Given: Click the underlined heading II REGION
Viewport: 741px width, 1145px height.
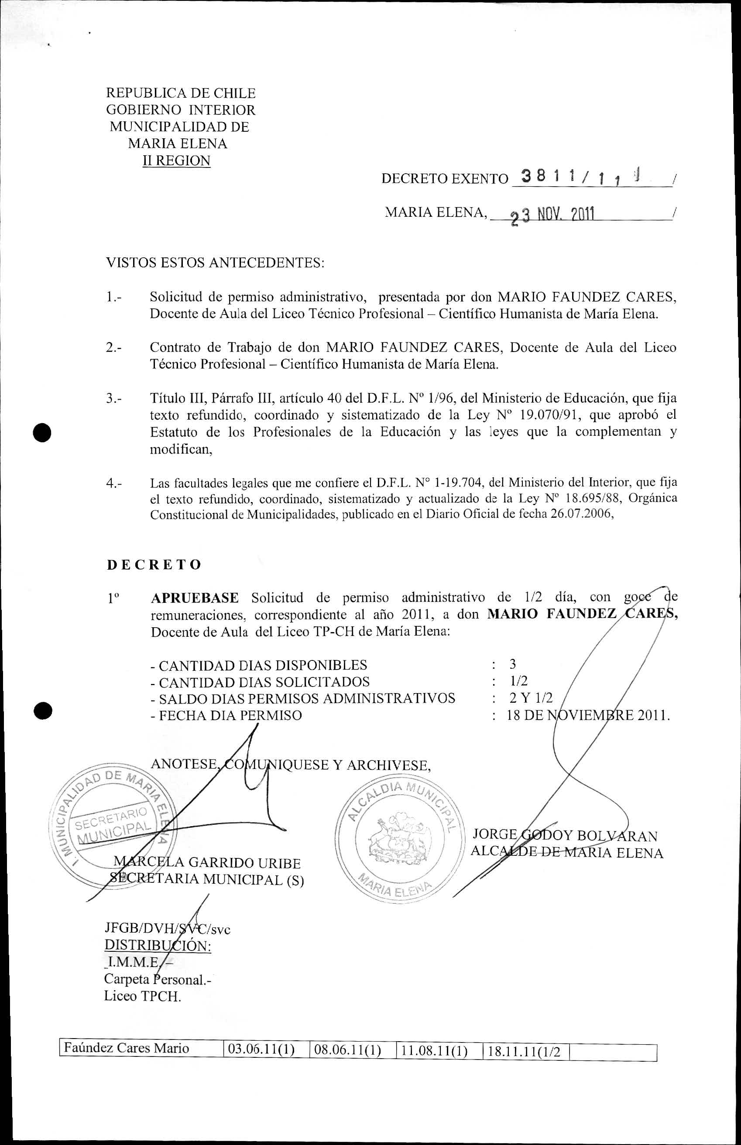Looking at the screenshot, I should click(x=176, y=161).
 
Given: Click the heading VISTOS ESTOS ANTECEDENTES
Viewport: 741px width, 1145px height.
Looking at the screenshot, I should click(x=215, y=263).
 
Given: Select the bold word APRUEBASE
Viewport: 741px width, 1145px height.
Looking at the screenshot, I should click(x=194, y=598).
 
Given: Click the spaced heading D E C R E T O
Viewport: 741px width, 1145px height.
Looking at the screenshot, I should click(x=154, y=564).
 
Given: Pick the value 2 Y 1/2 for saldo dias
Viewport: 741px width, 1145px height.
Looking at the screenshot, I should click(x=531, y=698).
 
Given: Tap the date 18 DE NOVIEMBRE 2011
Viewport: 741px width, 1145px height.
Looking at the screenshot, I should click(x=587, y=715).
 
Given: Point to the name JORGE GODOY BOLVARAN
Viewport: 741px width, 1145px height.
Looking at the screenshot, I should click(x=564, y=835).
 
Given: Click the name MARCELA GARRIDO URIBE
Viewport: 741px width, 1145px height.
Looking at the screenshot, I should click(x=207, y=863).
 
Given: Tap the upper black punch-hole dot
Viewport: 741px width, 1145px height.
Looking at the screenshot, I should click(x=42, y=432).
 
